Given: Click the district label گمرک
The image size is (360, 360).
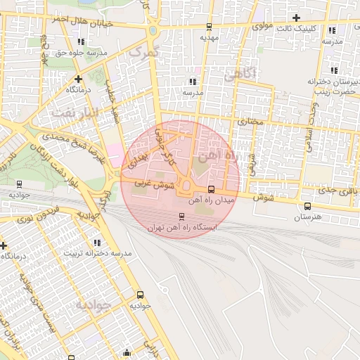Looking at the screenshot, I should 146,51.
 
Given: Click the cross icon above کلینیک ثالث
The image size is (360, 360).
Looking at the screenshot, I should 297,18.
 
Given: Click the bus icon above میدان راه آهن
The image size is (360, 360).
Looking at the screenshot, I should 212,189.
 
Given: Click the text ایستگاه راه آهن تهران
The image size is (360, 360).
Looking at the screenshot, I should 183,228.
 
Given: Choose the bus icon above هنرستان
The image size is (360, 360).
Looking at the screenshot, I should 307,206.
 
